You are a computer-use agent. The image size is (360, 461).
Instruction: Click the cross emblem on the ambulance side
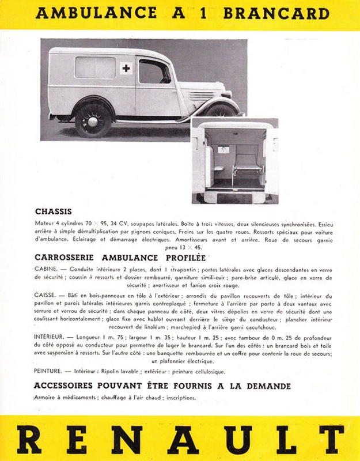point(126,69)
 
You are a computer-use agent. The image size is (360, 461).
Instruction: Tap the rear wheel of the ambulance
point(92,119)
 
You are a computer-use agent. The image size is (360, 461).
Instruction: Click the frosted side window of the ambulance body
point(95,67)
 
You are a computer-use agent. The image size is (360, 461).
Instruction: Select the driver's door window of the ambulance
point(154,72)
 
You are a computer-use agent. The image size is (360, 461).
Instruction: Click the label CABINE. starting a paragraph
point(46,269)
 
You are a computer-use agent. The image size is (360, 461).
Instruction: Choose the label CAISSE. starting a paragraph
point(46,294)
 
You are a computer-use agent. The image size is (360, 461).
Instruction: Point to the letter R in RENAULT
point(29,440)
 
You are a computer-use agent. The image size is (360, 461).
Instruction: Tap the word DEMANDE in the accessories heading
point(265,386)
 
